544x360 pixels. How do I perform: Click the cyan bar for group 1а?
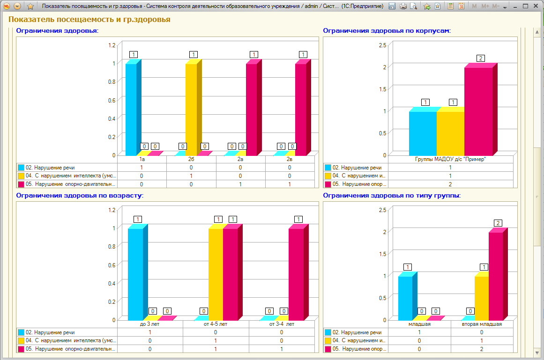coord(133,107)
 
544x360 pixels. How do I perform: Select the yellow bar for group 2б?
coord(193,107)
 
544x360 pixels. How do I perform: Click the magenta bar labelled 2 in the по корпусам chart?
coord(481,110)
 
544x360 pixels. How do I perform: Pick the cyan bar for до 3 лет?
coord(138,272)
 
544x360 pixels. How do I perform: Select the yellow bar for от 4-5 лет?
coord(216,272)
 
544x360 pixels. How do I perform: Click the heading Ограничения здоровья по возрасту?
coord(80,195)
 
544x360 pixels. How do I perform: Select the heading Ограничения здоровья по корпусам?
coord(387,30)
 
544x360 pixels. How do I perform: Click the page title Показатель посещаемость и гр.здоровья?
coord(89,19)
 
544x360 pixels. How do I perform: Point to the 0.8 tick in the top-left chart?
coord(112,82)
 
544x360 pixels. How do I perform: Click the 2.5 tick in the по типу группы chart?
coord(382,210)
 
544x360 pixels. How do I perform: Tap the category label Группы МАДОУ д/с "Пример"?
coord(450,159)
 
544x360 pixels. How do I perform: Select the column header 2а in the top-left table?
coord(240,159)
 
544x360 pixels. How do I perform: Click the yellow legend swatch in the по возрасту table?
coord(21,341)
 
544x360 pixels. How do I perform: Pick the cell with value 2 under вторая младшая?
coord(482,349)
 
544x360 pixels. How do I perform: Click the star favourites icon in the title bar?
coord(30,6)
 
